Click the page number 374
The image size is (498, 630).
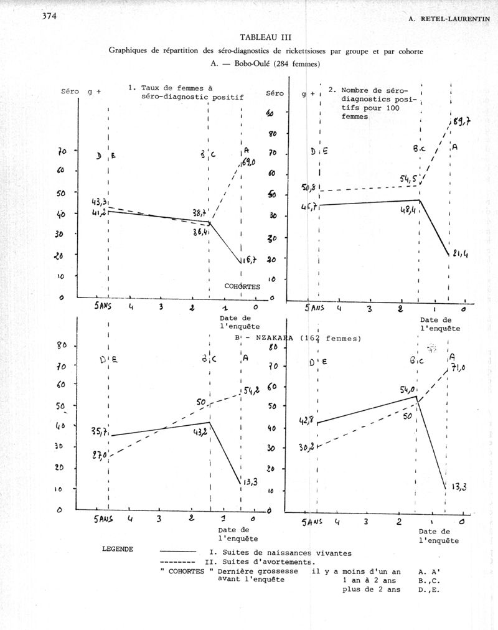[49, 17]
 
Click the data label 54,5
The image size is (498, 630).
[410, 180]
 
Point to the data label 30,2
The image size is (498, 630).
[306, 447]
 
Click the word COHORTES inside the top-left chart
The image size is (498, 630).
[242, 286]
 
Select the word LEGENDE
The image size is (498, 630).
[118, 550]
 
